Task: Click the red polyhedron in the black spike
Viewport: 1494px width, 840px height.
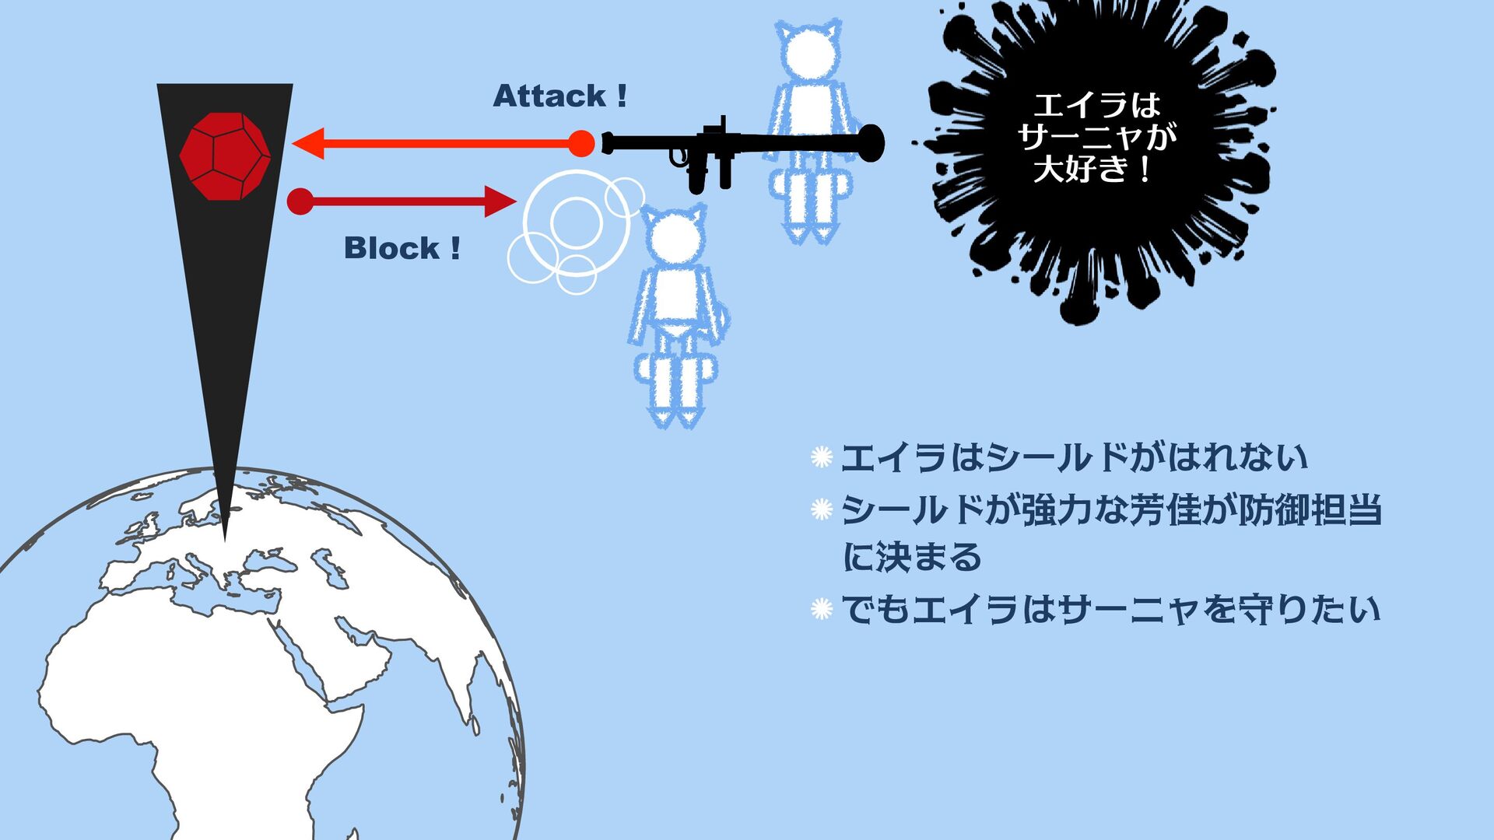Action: tap(225, 156)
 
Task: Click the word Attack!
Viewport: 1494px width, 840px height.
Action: tap(559, 96)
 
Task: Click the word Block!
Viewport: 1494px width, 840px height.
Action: tap(402, 249)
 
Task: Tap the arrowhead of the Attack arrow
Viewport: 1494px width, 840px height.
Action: tap(307, 144)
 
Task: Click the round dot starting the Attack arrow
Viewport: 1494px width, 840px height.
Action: tap(580, 144)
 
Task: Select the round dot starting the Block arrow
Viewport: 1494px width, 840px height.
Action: tap(300, 201)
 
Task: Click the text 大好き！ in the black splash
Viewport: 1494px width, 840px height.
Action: tap(1092, 169)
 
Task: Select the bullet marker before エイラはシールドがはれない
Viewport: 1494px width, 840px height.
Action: tap(822, 457)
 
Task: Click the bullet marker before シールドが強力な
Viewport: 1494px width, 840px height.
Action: tap(822, 510)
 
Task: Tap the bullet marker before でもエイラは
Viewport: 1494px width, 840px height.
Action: tap(822, 609)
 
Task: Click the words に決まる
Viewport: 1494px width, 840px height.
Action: tap(912, 558)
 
